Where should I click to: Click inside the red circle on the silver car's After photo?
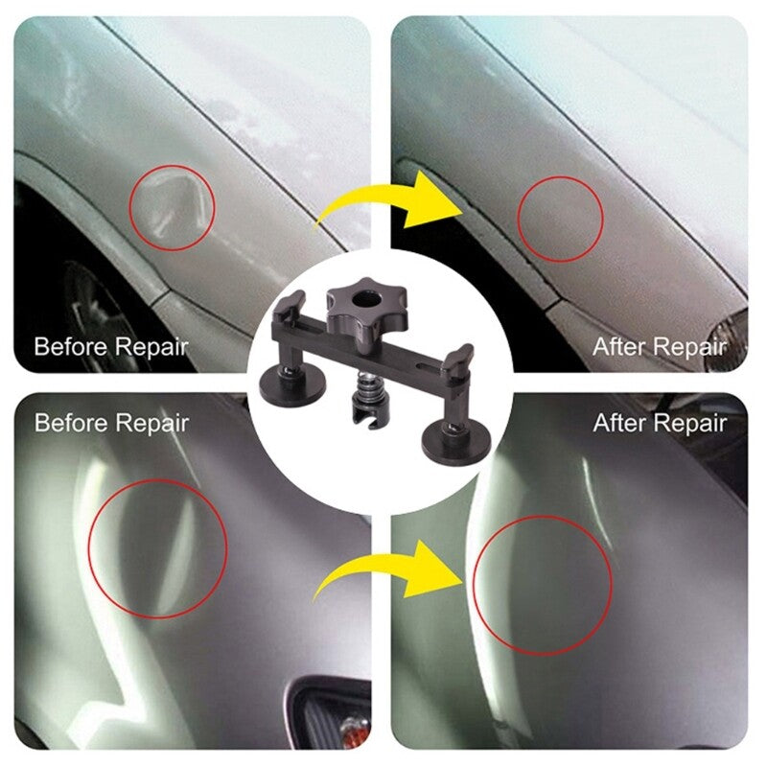[x=544, y=585]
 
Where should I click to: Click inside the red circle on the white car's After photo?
[x=560, y=221]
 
